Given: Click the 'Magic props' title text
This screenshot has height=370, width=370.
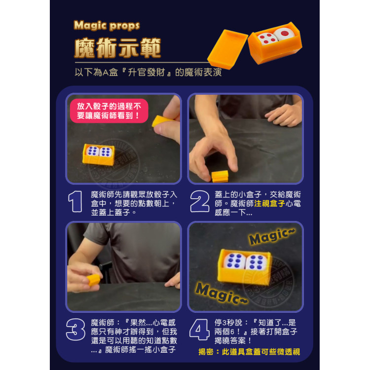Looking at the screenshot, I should pos(107,26).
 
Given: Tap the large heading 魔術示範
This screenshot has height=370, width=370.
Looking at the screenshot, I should pos(117,48).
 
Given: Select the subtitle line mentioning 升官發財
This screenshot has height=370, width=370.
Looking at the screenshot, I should pos(148,72).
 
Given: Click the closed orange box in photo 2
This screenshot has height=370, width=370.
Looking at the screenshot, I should pos(220,176).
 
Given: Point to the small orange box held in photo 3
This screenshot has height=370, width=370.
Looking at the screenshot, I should pos(93,280).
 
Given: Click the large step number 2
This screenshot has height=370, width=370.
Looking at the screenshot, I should pos(199,202).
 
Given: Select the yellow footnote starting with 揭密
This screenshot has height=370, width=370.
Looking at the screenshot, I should pos(249,352).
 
